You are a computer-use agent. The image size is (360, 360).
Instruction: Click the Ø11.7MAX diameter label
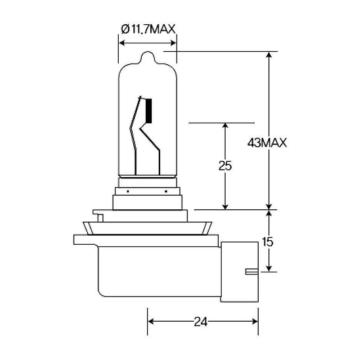(x=148, y=29)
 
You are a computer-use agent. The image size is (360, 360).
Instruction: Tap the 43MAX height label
(x=267, y=143)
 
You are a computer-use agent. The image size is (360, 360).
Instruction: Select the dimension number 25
(x=225, y=165)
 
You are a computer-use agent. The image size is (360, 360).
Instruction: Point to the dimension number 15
(x=268, y=242)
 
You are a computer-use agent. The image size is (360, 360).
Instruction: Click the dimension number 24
(x=200, y=322)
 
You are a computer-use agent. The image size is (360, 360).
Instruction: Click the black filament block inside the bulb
(x=148, y=111)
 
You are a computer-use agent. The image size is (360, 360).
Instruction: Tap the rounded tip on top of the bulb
(x=147, y=57)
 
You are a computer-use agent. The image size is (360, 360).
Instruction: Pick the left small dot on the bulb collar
(x=128, y=191)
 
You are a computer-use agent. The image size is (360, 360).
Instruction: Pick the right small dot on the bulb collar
(x=166, y=191)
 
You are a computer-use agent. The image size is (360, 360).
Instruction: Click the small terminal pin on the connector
(x=252, y=272)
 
